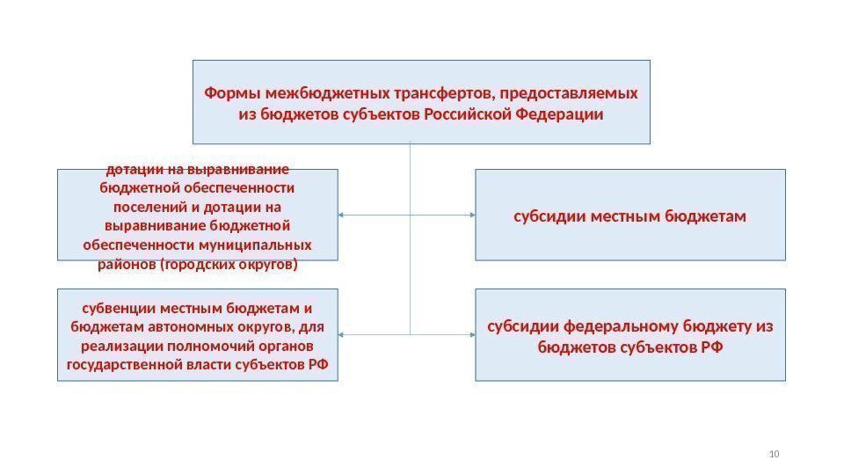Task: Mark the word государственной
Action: [x=117, y=364]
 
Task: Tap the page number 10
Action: [x=774, y=454]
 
